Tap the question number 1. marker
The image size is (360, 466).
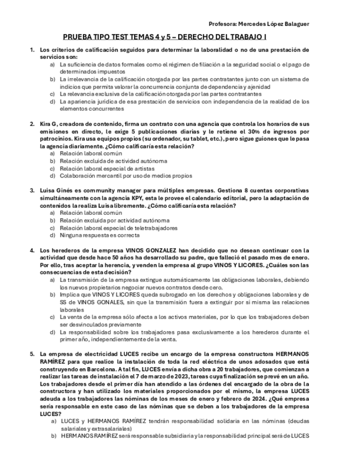(x=32, y=50)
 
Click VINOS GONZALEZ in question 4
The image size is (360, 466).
(x=153, y=250)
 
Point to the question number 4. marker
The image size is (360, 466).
(x=32, y=250)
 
